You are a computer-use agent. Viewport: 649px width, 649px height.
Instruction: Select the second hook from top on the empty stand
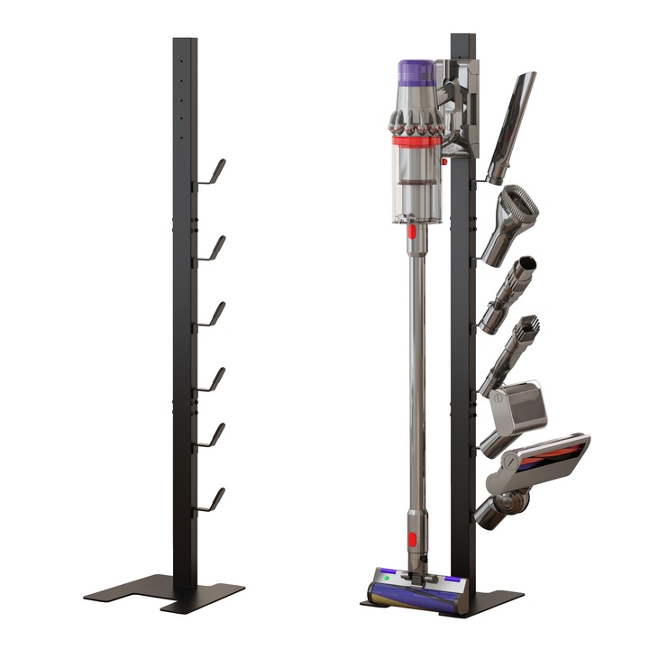tap(213, 246)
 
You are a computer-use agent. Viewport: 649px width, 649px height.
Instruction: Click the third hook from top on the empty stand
tap(213, 312)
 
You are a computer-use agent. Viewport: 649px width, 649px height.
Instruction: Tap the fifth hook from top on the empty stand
tap(212, 434)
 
